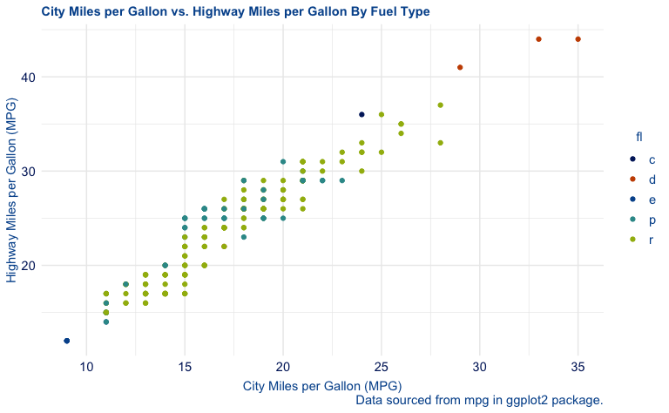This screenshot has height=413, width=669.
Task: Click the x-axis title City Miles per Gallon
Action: pos(321,385)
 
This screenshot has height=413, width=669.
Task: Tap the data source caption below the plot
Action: pos(480,400)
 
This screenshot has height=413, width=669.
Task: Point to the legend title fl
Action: pos(639,136)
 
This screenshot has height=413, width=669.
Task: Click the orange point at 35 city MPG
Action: pos(578,39)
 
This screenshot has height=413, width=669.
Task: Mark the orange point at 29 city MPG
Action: pos(460,67)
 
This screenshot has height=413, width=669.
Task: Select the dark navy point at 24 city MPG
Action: pos(362,114)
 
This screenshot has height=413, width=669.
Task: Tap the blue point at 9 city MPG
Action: pos(67,341)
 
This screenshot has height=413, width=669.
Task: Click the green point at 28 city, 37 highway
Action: pos(441,105)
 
